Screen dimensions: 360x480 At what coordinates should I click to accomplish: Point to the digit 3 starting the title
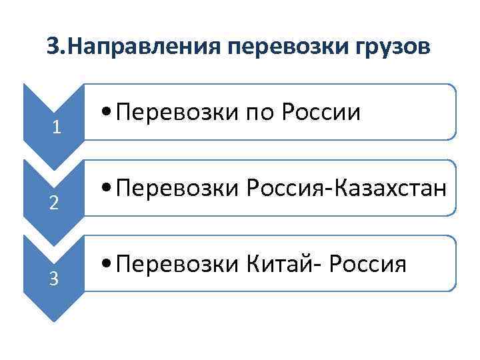(54, 47)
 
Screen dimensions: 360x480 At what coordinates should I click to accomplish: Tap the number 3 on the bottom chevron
(55, 279)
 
